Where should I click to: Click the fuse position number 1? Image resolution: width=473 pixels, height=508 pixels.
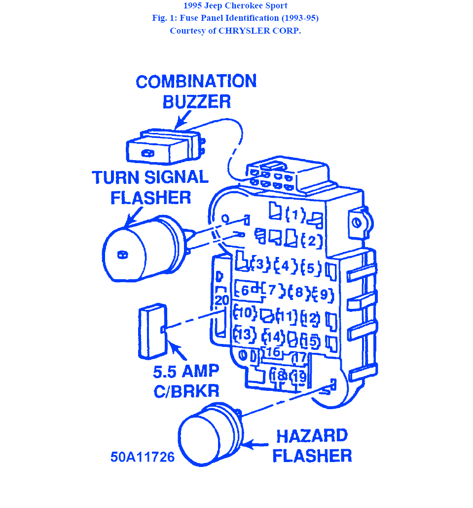click(296, 215)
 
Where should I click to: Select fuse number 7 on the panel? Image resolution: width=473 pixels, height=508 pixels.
click(272, 290)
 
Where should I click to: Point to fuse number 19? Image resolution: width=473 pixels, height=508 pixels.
click(299, 377)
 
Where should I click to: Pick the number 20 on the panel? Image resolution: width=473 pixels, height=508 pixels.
click(222, 300)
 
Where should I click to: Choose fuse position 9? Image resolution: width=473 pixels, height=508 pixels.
click(324, 295)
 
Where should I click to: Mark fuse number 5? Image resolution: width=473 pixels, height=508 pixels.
click(311, 268)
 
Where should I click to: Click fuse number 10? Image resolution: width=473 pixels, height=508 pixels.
click(245, 313)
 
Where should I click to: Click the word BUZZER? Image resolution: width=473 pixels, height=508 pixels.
click(196, 102)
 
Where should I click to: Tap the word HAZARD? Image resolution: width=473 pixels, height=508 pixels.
click(312, 436)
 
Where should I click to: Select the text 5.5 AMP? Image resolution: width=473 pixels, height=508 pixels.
click(186, 371)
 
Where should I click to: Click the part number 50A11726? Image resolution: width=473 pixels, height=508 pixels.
click(143, 457)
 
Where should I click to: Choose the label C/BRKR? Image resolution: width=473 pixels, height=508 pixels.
click(186, 391)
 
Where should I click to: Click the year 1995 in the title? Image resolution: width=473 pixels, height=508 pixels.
click(194, 6)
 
